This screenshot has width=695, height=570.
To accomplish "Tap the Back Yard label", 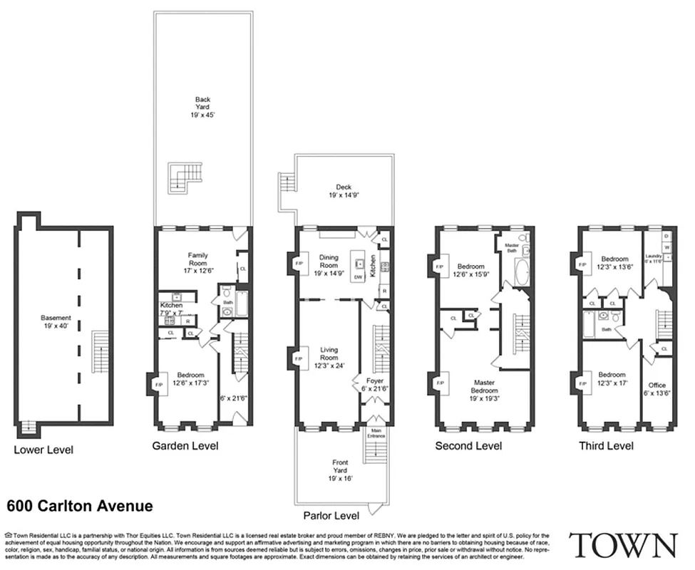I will (202, 106).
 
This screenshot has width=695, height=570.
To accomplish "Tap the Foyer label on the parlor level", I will (375, 385).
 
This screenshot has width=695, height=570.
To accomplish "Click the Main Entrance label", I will (375, 433).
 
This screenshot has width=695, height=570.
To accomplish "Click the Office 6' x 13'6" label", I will (657, 389).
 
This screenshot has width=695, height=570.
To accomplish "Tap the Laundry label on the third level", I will (654, 259).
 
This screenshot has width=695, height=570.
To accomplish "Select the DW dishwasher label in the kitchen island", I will (358, 276).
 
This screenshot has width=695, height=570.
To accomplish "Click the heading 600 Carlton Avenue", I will (79, 507).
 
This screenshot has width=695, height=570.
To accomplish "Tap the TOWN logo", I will (624, 545).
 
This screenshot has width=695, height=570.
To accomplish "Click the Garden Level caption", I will (185, 446).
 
